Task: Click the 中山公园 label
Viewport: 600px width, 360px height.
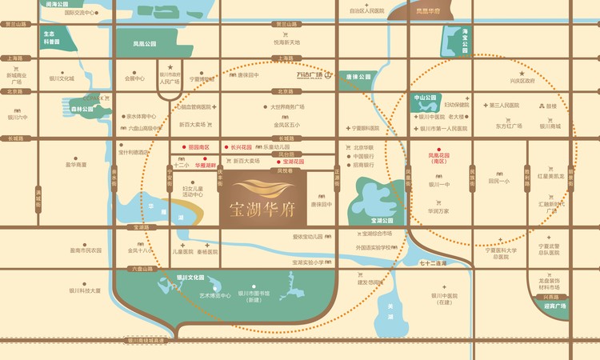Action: tap(424, 97)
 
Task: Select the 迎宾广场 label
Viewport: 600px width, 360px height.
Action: tap(554, 306)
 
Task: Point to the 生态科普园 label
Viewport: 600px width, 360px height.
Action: tap(51, 38)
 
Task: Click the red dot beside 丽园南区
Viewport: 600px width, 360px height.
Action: tap(184, 147)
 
